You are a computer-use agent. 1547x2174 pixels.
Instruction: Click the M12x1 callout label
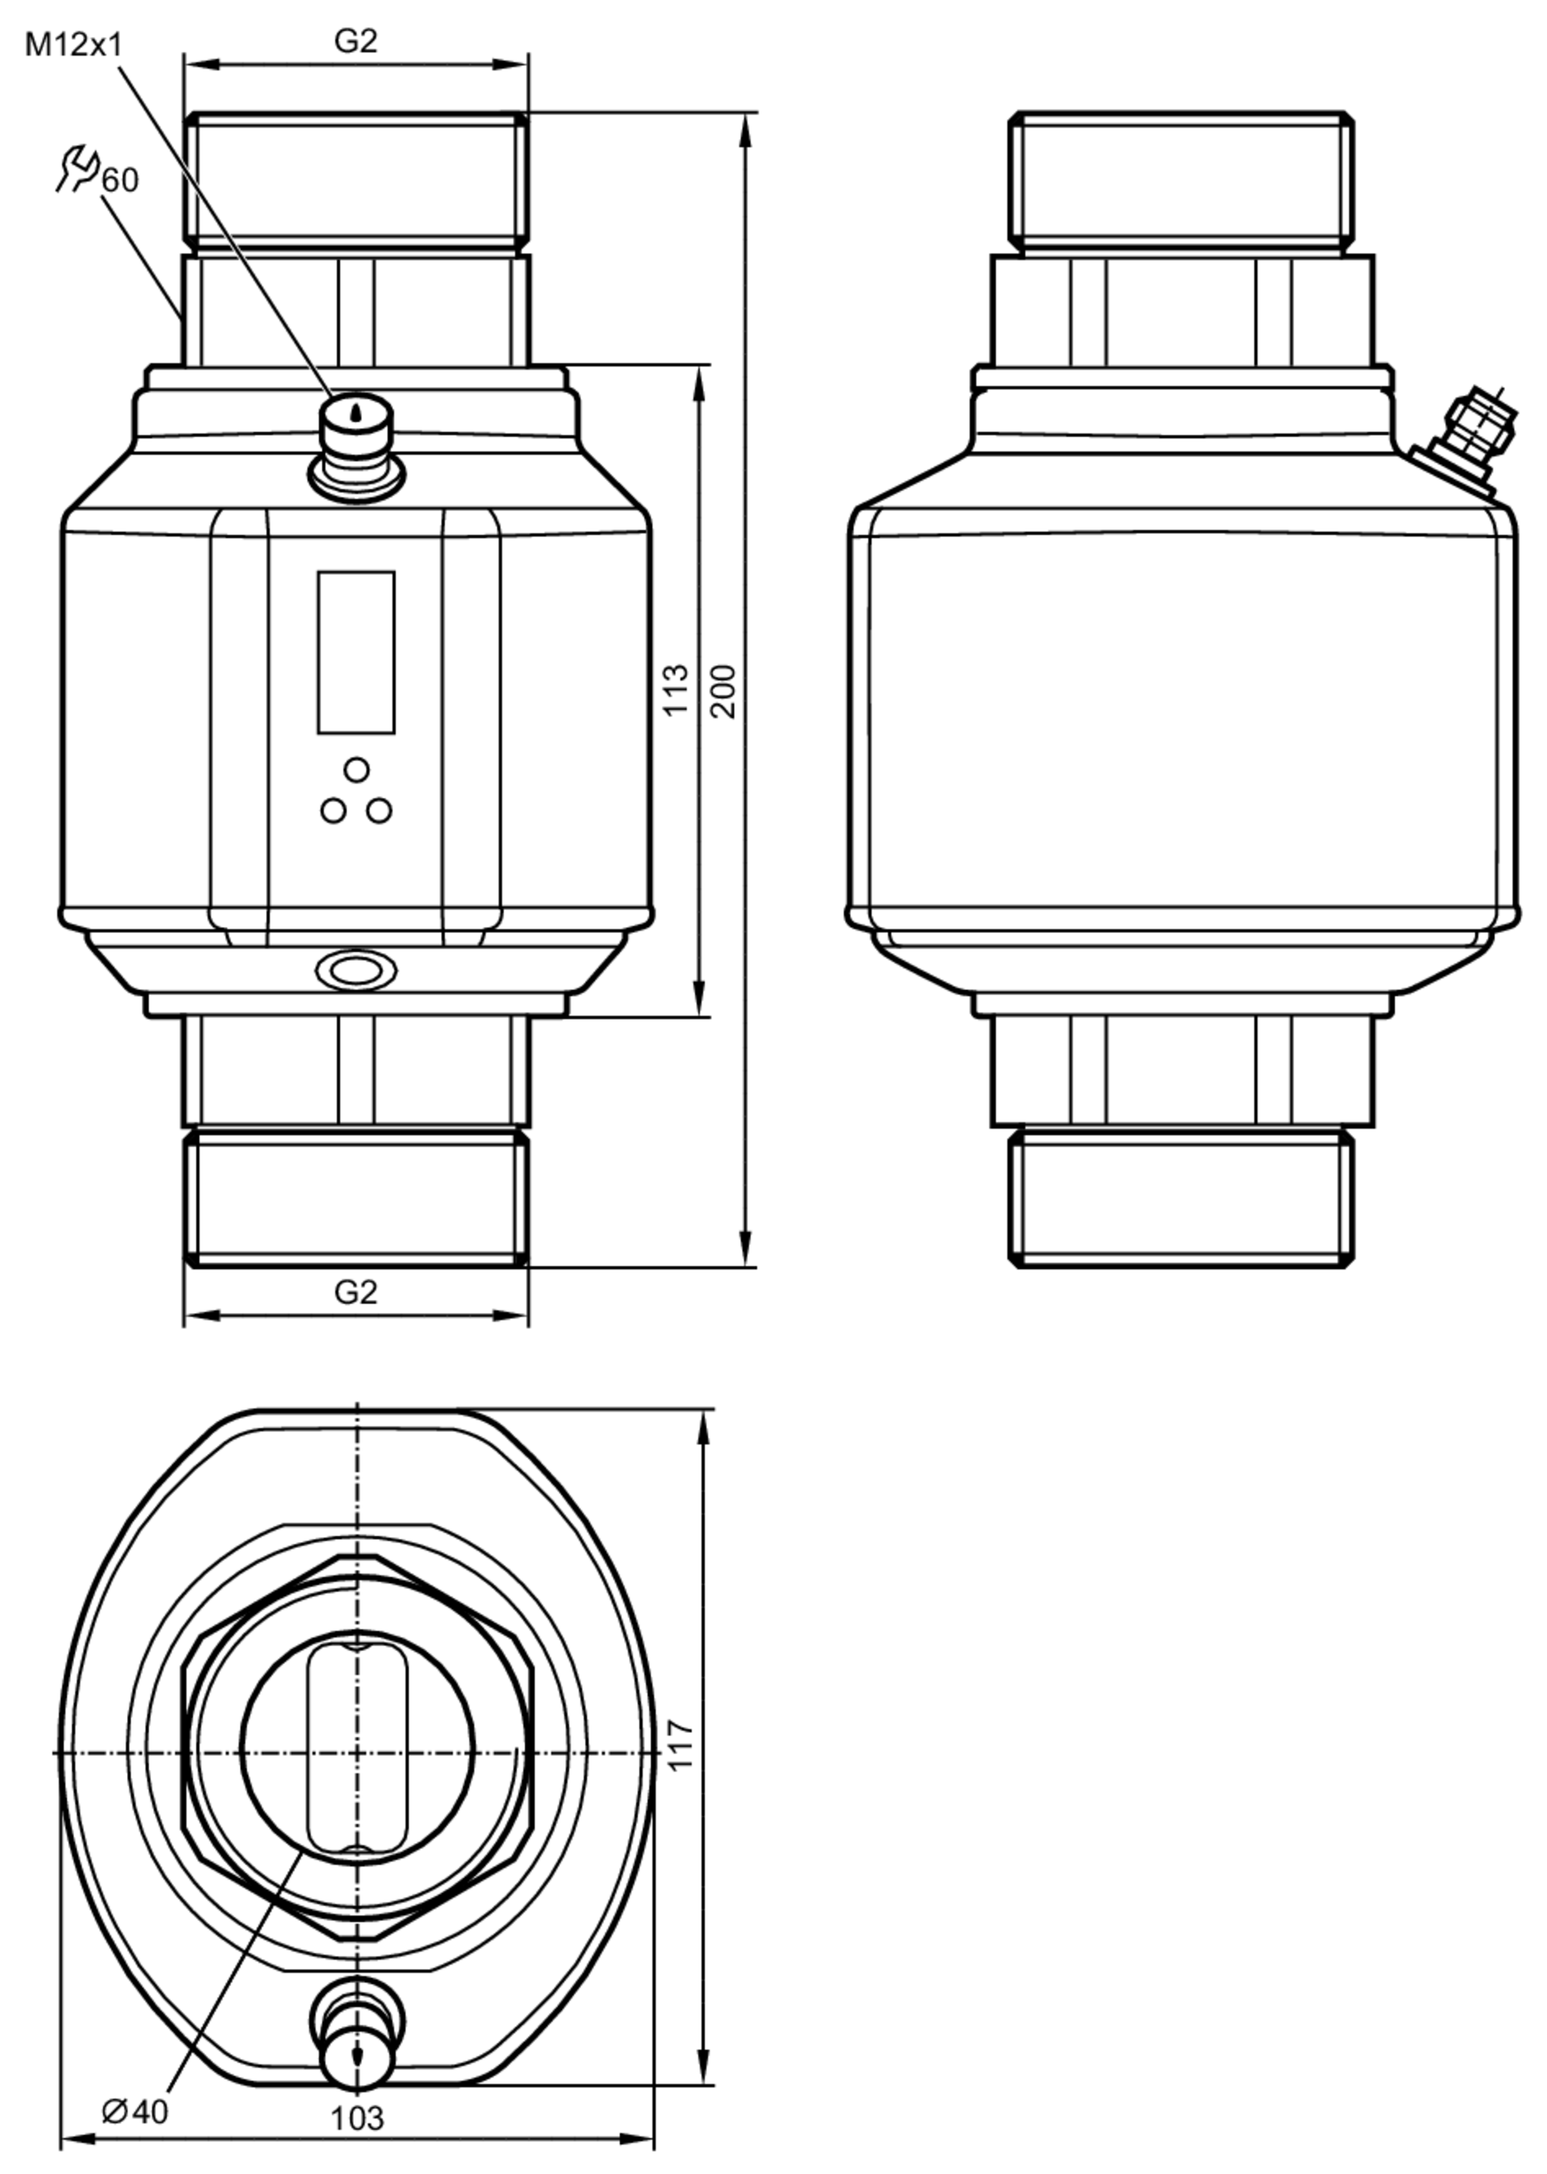point(73,44)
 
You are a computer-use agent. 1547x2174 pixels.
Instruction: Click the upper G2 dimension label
point(355,40)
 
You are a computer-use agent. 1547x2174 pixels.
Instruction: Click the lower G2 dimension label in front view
point(355,1292)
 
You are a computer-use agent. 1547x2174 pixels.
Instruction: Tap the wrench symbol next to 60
point(77,169)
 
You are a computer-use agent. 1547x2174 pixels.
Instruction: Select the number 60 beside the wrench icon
point(120,179)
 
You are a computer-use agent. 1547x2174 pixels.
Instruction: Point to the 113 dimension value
point(674,691)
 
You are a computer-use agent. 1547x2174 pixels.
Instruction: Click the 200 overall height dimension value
point(724,691)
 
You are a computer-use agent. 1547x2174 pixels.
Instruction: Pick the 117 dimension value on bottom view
point(679,1745)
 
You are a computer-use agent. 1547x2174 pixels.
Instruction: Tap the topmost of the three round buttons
point(357,769)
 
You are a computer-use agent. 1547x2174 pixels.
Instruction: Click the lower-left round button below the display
point(333,811)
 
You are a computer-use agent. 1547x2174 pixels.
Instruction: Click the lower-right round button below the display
point(379,811)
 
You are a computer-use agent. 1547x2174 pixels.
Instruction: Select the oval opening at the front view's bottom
point(357,971)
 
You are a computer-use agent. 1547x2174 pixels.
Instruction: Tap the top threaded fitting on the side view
point(1181,181)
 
